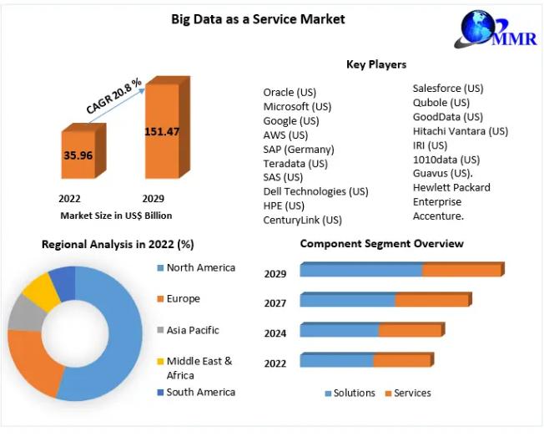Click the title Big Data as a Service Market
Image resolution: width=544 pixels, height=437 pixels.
point(258,18)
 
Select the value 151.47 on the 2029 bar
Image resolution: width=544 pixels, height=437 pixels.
point(162,131)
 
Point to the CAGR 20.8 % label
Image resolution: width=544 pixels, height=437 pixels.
point(113,95)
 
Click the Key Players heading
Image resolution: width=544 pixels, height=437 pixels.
point(376,64)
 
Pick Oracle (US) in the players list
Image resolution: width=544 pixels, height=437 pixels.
point(290,92)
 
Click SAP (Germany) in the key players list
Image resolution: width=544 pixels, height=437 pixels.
point(299,149)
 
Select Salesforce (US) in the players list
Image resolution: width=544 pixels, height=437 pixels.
point(448,88)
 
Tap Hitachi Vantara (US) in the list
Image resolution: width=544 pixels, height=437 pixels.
point(460,130)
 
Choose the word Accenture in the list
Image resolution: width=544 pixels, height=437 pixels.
point(438,216)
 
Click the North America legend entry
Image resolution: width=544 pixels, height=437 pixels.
point(200,267)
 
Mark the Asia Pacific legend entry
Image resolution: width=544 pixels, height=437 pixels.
point(192,330)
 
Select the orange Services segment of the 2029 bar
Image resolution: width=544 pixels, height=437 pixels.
point(461,270)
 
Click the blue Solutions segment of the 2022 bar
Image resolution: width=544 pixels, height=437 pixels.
point(336,361)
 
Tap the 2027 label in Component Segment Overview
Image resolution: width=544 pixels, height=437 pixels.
point(275,303)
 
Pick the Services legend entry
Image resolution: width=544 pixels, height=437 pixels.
point(411,393)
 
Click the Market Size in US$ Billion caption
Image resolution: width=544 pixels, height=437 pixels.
point(116,216)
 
